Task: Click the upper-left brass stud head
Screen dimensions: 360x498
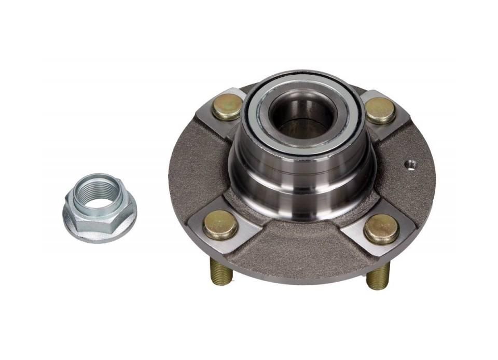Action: [227, 106]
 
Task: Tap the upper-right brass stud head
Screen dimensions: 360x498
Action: [380, 109]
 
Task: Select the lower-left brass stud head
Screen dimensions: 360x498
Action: [220, 225]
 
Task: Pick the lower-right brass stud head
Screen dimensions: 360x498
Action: [381, 229]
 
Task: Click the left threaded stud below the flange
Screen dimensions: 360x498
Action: [220, 271]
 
